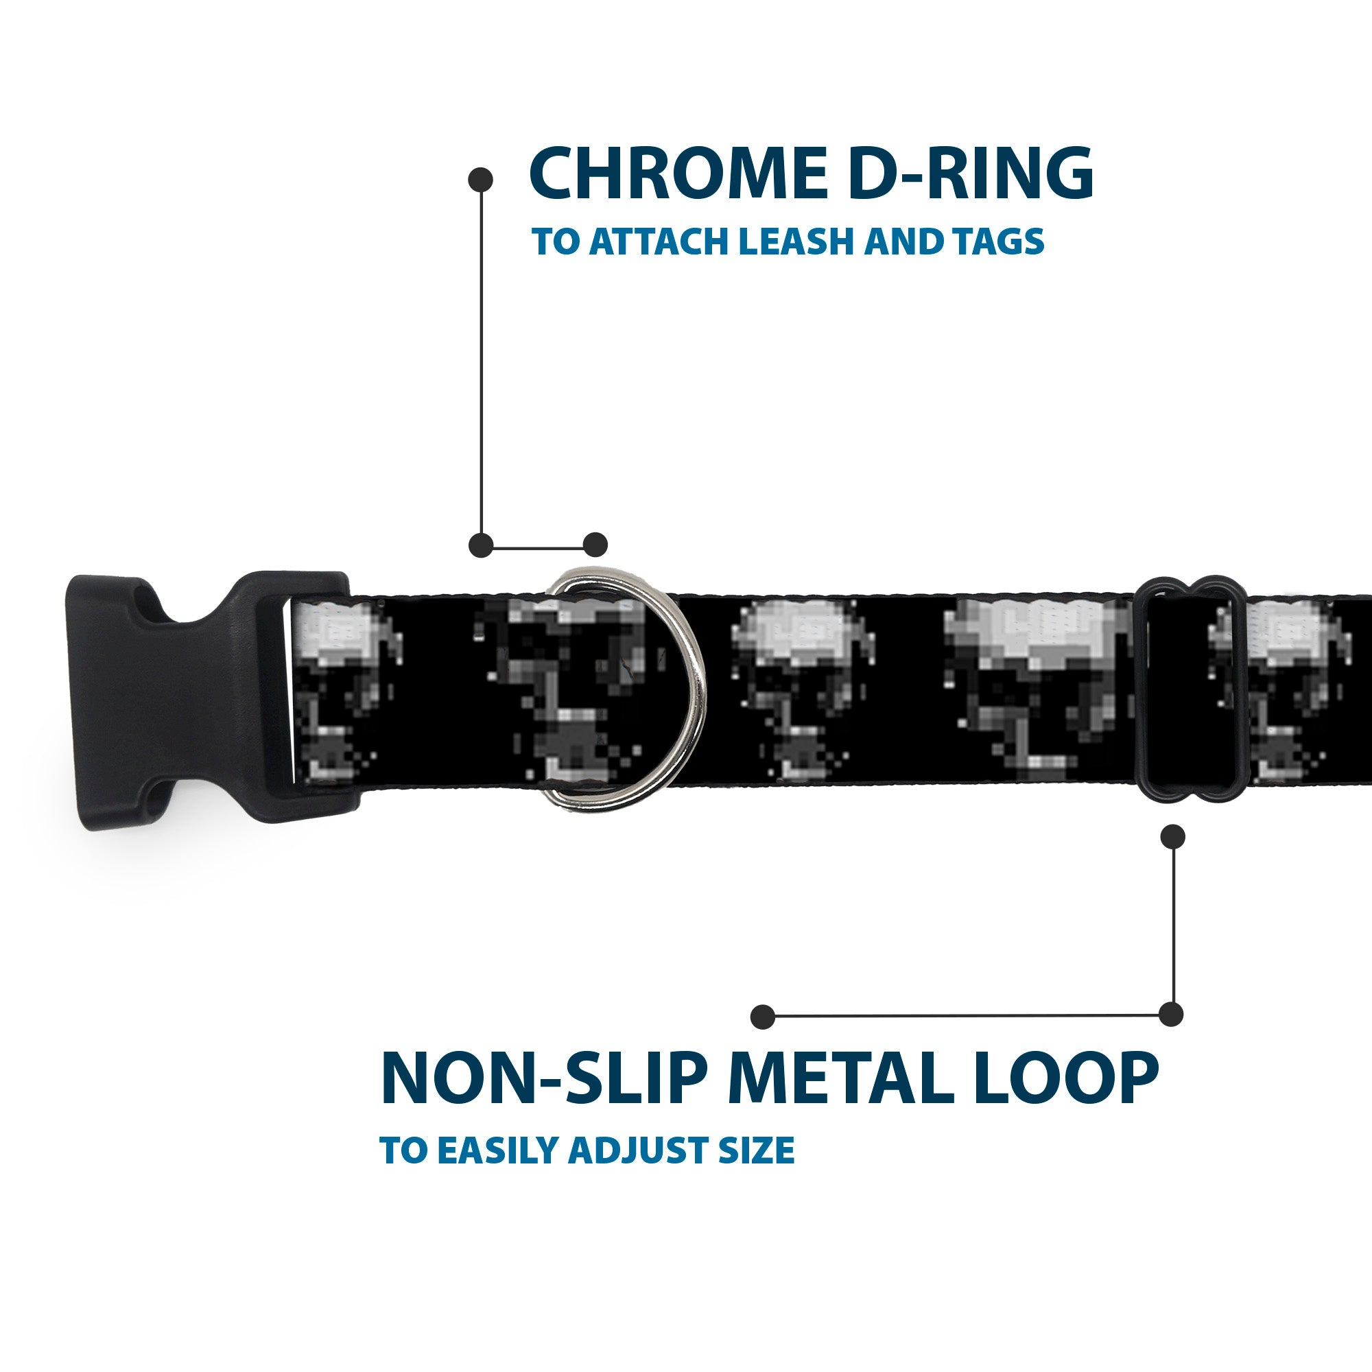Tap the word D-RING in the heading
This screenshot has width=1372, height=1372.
969,174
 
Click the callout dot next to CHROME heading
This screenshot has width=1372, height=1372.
481,179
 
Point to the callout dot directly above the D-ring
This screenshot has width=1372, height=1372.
595,545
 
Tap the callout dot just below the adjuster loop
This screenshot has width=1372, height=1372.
1172,836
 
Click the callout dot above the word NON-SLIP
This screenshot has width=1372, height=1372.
763,1016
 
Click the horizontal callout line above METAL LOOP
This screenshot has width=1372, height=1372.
966,1016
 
